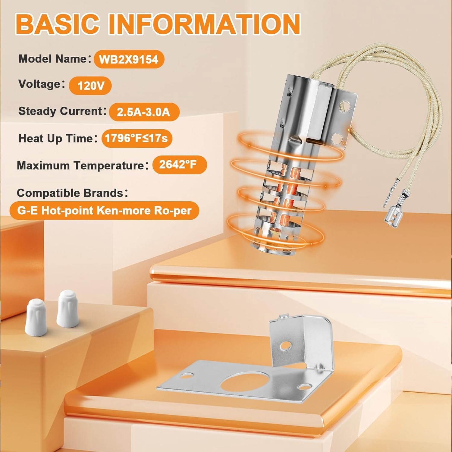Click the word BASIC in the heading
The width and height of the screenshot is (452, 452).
[58, 24]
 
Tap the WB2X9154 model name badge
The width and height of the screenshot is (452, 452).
[129, 59]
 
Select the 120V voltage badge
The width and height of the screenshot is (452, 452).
[90, 86]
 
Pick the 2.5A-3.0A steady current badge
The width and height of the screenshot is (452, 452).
[144, 112]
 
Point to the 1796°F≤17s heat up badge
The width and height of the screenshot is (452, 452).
[137, 138]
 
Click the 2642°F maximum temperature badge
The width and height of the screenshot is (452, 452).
[179, 165]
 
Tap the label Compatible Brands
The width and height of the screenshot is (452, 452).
[70, 193]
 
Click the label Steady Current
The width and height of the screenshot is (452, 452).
[61, 111]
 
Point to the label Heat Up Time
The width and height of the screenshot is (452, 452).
[56, 138]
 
